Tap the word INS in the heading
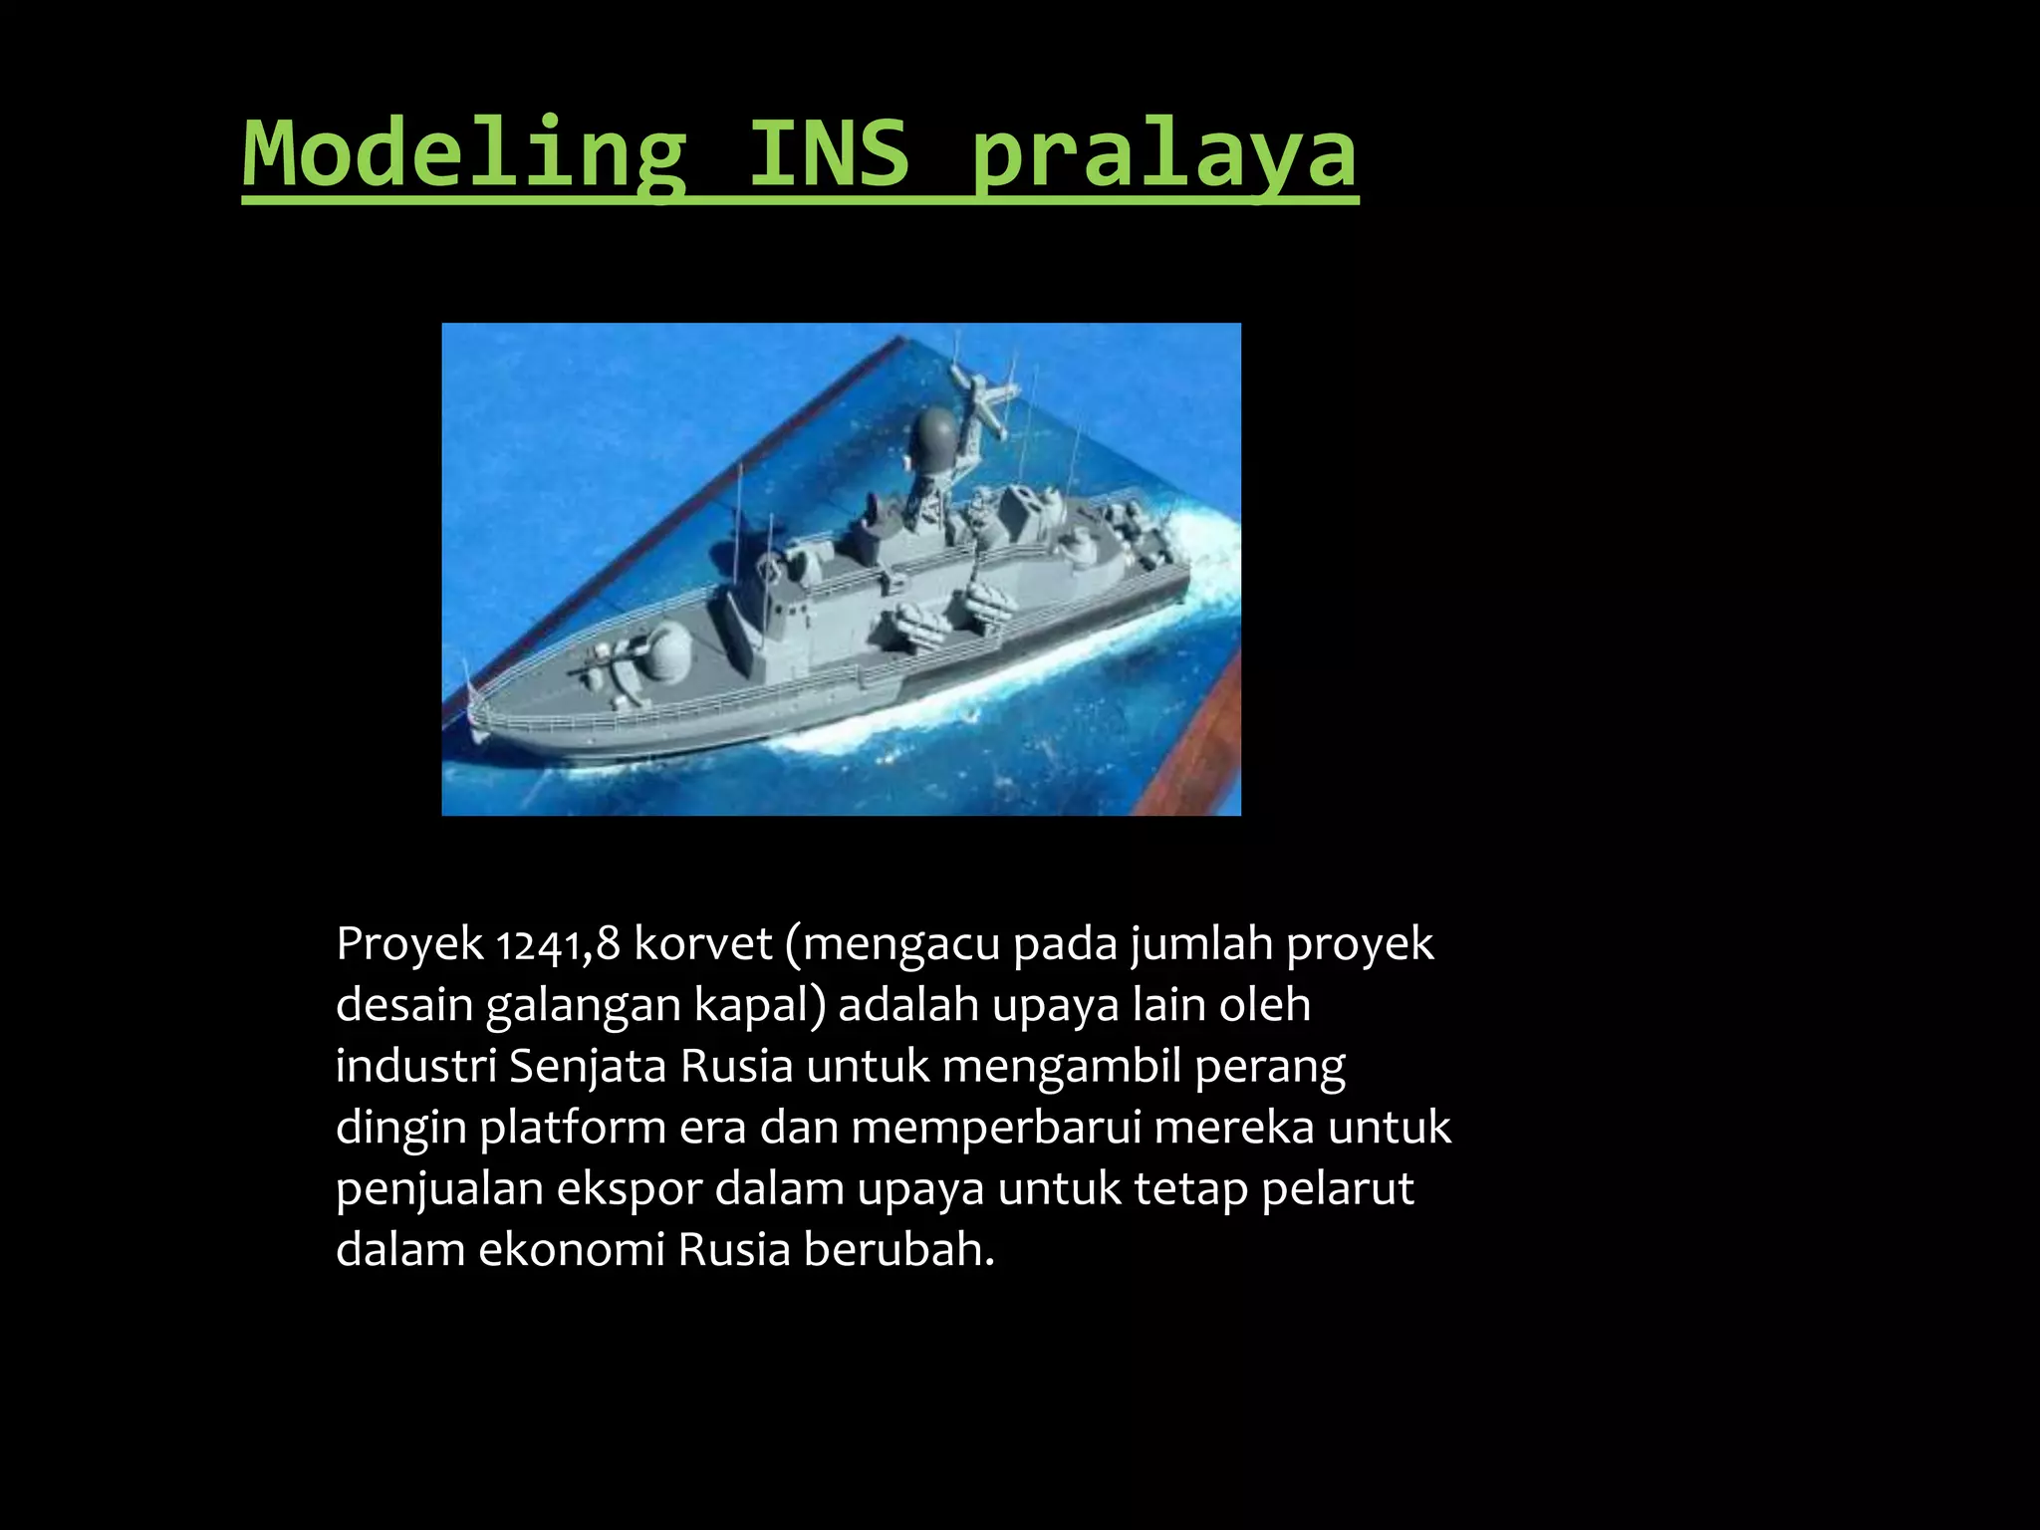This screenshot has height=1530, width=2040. (829, 154)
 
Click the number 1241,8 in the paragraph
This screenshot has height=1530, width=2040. (559, 944)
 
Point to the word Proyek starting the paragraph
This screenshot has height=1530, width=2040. (409, 944)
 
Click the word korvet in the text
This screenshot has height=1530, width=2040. (703, 944)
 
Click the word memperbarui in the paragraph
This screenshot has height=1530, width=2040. (996, 1129)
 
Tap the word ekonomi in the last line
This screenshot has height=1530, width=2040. (571, 1250)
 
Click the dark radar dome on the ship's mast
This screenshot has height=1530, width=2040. (933, 432)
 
